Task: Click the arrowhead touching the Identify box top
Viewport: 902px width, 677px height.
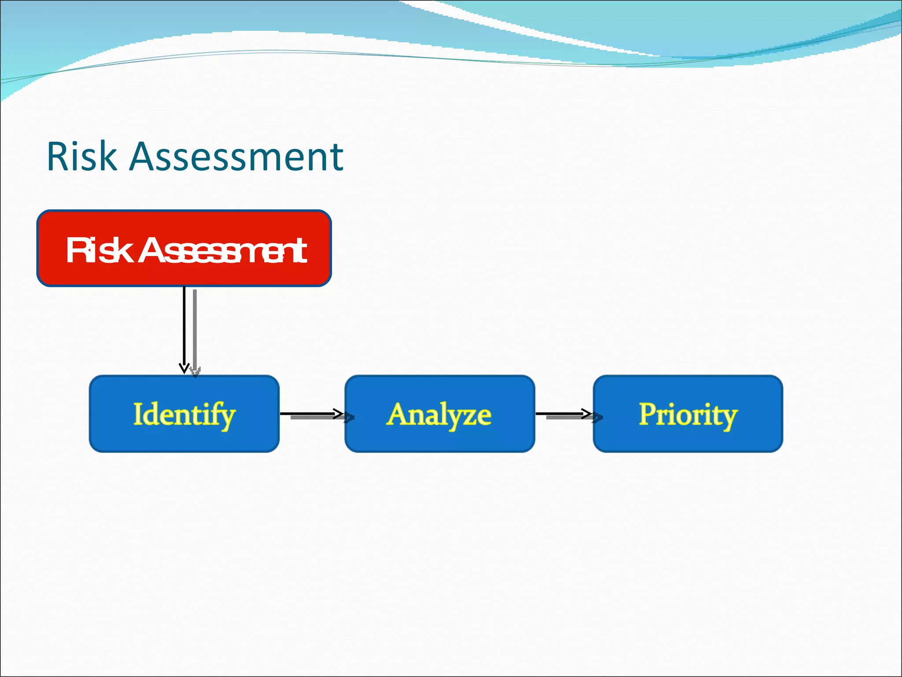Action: pos(184,368)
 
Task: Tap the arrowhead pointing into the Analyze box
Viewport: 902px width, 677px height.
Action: pos(339,414)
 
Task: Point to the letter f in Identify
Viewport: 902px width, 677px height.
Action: pos(217,414)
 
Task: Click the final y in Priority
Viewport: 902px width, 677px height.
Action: pos(728,418)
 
